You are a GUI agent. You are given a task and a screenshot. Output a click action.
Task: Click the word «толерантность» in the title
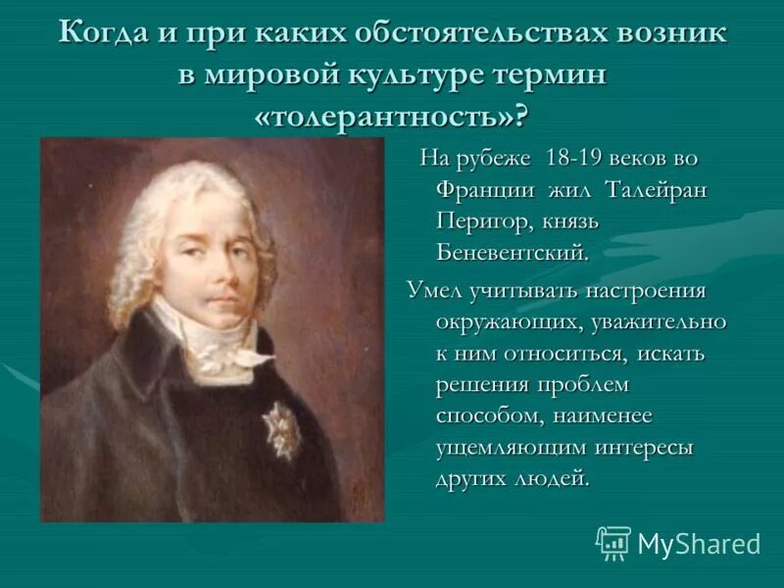[390, 119]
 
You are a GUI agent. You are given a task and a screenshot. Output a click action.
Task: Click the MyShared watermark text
[699, 544]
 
